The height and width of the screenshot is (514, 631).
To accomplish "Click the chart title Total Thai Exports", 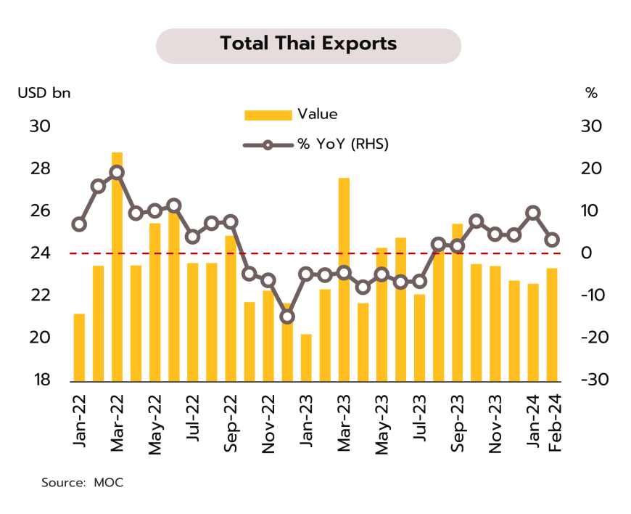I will tap(308, 44).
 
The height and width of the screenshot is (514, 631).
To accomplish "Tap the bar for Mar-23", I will tap(344, 280).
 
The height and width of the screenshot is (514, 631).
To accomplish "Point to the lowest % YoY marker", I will tap(287, 317).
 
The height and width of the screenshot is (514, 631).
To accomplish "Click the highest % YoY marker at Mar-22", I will tap(117, 173).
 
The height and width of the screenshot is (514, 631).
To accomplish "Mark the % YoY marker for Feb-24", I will tap(552, 240).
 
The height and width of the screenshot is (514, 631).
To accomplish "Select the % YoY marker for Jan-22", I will tap(79, 224).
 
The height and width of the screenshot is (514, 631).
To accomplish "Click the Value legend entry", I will tap(290, 115).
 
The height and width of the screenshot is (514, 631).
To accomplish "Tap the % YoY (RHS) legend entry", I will tap(316, 144).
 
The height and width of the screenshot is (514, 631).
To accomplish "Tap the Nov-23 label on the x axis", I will tap(495, 425).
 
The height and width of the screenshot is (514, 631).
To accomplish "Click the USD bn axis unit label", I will tap(45, 93).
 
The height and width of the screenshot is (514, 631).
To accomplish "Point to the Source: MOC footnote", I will tap(82, 482).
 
